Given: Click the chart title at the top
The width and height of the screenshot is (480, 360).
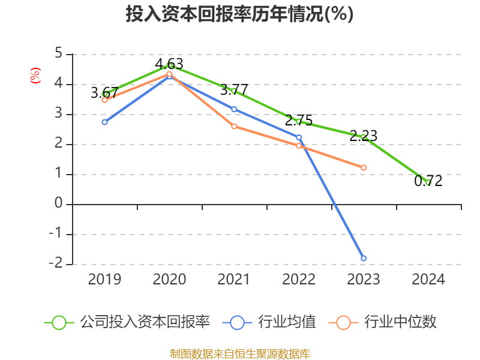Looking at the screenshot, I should pos(239,14).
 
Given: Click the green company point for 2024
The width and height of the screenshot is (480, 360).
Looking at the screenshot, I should pos(428,182).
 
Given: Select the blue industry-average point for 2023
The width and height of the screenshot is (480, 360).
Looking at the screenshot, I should pos(364,258).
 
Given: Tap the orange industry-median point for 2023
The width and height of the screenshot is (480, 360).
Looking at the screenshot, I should pos(364,167).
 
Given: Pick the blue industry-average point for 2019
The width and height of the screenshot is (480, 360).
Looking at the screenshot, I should pos(104,122).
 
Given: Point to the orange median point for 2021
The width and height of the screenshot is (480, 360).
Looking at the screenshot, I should pos(234,126).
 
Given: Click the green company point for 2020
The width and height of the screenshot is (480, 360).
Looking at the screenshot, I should pos(170,65).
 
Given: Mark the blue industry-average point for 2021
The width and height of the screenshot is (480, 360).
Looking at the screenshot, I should pos(234,109).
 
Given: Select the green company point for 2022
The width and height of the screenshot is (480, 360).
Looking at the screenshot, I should pos(299,121).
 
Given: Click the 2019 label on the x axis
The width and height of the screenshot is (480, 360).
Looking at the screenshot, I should pos(104,280).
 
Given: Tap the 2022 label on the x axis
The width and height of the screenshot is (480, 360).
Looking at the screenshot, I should pos(299,280).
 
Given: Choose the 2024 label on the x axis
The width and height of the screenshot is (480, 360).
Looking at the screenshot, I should pos(428,280).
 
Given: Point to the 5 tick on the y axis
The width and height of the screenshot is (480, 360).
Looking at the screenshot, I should pos(58,53).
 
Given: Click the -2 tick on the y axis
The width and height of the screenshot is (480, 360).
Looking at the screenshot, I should pos(56,263).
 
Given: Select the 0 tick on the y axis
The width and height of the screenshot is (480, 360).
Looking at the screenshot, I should pos(58,203).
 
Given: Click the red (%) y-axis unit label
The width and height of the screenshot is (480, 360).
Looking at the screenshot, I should pos(35,76).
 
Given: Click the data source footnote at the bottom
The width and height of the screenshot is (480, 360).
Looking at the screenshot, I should pos(239,353).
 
